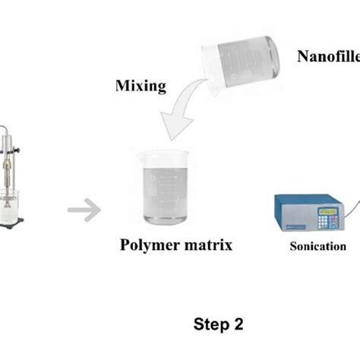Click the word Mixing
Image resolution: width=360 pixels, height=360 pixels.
[141, 86]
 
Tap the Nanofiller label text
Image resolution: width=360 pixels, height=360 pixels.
[327, 55]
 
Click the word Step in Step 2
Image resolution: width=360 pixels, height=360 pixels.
[209, 324]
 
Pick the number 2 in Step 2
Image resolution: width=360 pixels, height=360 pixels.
[238, 324]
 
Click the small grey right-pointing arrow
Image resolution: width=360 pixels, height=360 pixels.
[83, 207]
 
